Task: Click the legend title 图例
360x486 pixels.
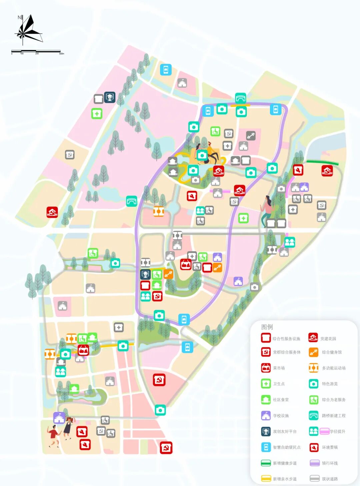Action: coord(267,327)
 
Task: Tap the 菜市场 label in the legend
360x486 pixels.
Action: coord(279,368)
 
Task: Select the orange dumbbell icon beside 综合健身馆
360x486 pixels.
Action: coord(313,352)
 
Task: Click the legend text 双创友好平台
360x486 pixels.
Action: coord(285,431)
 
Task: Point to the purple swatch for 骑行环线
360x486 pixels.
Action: coord(315,463)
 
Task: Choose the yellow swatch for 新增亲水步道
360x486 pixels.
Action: coord(266,479)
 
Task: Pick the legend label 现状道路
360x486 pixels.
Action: coord(330,479)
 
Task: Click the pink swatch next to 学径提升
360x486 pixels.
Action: coord(324,431)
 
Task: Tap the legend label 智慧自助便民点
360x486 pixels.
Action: coord(287,447)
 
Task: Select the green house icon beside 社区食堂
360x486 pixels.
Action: coord(266,400)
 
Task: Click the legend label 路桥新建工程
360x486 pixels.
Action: coord(334,416)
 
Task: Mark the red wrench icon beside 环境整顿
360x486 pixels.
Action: coord(314,447)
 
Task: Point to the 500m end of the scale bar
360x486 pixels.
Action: coord(61,51)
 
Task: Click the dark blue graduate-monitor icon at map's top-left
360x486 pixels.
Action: coord(110,97)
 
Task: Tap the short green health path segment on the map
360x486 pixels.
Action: coord(322,163)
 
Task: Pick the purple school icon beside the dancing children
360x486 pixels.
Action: coord(59,418)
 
